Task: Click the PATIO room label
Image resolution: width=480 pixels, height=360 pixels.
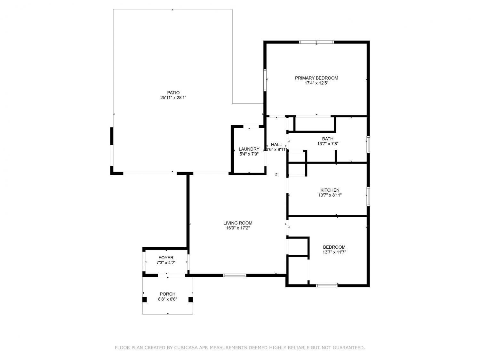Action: (x=173, y=93)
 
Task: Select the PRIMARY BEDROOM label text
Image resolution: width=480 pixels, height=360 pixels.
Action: (x=316, y=78)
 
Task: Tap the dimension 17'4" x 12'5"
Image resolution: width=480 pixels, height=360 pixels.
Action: (x=316, y=83)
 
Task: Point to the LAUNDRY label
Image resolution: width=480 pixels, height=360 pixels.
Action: (x=249, y=149)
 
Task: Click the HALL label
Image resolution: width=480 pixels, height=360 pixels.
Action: (x=276, y=145)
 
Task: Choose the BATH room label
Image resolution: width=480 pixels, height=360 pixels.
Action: (x=328, y=139)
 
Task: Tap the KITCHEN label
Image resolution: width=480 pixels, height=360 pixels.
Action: (x=330, y=190)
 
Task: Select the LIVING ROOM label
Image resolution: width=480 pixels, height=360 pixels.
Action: (x=238, y=223)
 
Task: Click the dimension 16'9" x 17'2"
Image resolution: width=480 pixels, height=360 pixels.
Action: (x=238, y=228)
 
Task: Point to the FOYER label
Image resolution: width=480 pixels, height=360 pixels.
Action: (x=166, y=258)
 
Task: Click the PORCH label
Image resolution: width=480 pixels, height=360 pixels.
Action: (x=167, y=294)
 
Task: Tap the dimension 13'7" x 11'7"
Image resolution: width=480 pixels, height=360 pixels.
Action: (x=334, y=252)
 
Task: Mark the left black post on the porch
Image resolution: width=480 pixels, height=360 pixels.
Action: (x=145, y=300)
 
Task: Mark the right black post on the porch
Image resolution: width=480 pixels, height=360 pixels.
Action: (x=191, y=300)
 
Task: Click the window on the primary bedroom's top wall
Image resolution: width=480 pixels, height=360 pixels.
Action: (x=316, y=42)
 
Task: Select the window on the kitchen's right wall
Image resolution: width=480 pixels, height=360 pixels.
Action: (x=368, y=196)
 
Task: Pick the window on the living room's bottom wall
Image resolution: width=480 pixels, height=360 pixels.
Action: (x=235, y=276)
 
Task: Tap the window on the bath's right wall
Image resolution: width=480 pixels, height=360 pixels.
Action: (x=368, y=145)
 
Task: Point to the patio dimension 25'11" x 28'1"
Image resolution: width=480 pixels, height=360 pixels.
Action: (x=173, y=98)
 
